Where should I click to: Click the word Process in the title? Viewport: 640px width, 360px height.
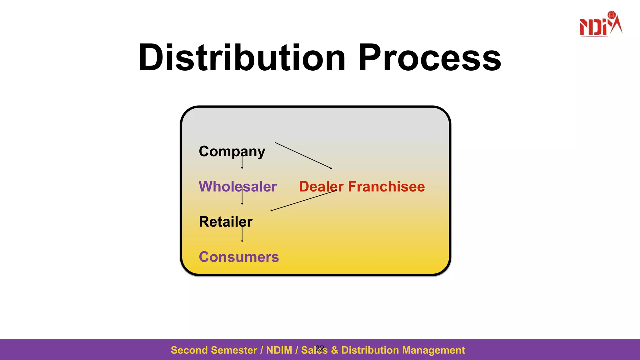(x=430, y=58)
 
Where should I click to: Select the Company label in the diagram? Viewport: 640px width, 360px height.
(x=232, y=151)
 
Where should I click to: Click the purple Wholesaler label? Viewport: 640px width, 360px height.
(x=238, y=187)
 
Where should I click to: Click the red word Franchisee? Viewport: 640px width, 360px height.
(x=386, y=187)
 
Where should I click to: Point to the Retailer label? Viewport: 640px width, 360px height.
(x=225, y=222)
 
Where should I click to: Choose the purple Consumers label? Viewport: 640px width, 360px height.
(x=239, y=257)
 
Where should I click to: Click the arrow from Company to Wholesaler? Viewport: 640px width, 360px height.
(x=242, y=162)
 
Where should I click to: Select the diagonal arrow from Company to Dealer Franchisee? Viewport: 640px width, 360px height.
(x=303, y=156)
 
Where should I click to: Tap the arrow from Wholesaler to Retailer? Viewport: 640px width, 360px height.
(x=242, y=198)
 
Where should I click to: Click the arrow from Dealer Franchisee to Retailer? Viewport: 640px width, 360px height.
(x=303, y=201)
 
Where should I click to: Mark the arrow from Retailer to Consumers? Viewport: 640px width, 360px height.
(x=242, y=234)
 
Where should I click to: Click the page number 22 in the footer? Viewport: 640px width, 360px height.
(x=320, y=348)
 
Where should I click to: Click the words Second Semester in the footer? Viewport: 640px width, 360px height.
(x=214, y=350)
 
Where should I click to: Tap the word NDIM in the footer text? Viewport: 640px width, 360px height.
(x=279, y=350)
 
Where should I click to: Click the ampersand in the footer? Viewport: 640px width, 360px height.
(x=334, y=350)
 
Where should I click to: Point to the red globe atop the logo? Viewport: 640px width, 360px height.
(x=612, y=15)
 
